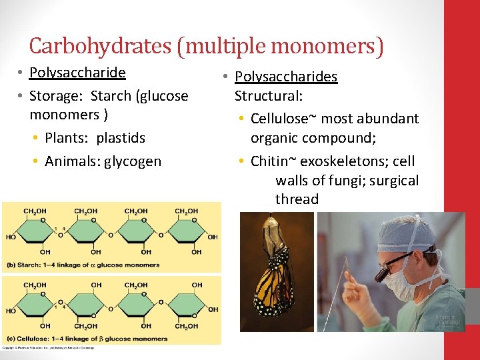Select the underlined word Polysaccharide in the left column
(x=78, y=73)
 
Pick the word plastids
(x=121, y=138)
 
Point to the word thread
(x=297, y=199)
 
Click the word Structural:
(x=269, y=96)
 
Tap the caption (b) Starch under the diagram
(x=27, y=265)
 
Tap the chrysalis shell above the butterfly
(x=273, y=229)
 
